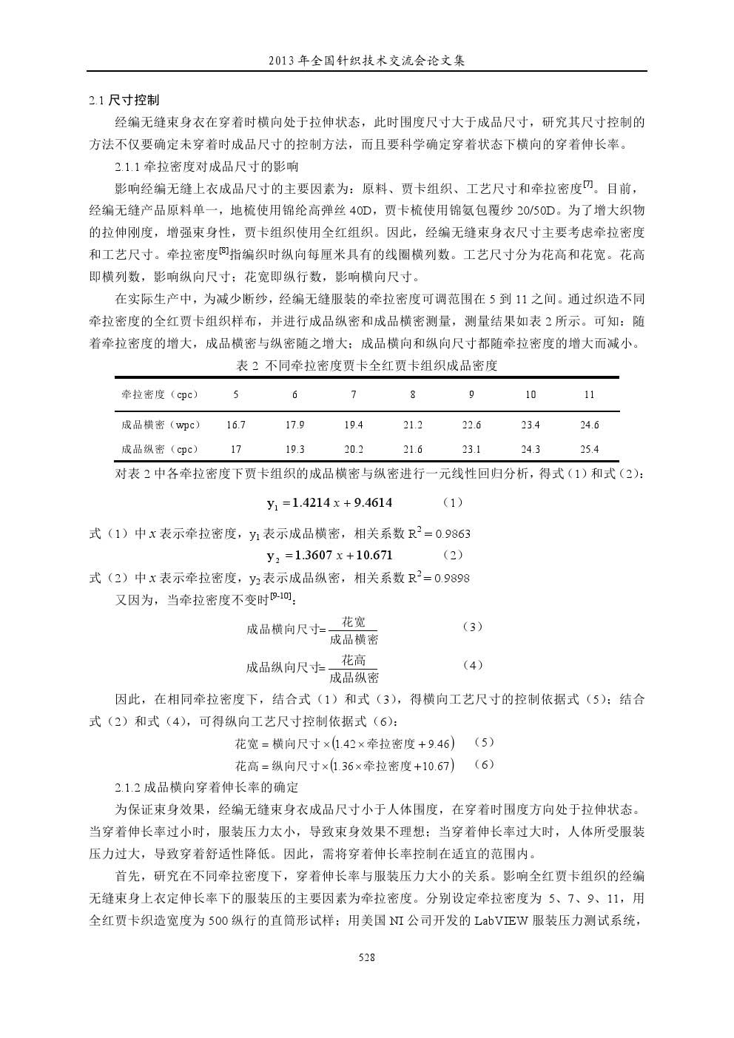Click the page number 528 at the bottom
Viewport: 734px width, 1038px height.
[x=366, y=957]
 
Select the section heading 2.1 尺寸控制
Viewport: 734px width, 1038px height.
[x=124, y=100]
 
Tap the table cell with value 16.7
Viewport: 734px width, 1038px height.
[x=236, y=425]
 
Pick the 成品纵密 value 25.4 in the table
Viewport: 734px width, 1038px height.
[x=589, y=449]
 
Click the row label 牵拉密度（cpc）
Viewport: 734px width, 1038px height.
[x=160, y=394]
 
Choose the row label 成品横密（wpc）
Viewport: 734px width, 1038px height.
[x=161, y=425]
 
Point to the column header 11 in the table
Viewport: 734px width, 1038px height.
[x=589, y=394]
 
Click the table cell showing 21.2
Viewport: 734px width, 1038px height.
[x=413, y=425]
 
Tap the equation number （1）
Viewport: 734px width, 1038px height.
[x=453, y=502]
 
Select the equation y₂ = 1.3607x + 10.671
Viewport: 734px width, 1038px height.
[x=330, y=555]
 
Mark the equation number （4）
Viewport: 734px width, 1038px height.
[x=473, y=665]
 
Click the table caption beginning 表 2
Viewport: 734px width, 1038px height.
[x=366, y=365]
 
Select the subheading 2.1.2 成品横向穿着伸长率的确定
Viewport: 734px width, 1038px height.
[x=206, y=786]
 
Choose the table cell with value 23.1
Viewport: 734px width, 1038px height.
[x=471, y=449]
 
